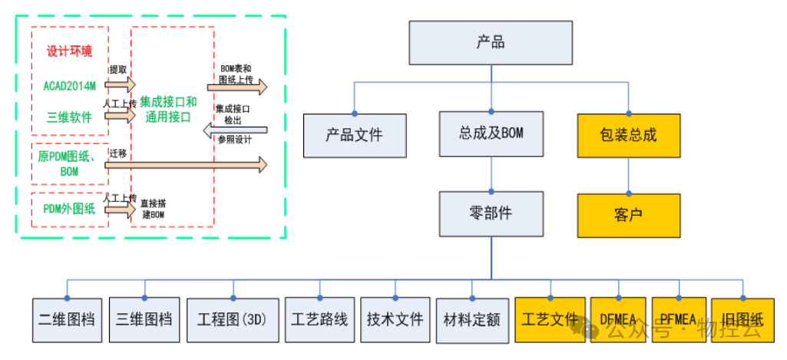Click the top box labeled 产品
click(x=491, y=42)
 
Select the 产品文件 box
click(x=354, y=135)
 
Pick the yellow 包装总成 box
click(x=629, y=135)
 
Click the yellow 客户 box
click(x=629, y=215)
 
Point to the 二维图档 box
click(x=68, y=319)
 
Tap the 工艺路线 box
click(x=319, y=319)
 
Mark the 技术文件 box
click(x=395, y=319)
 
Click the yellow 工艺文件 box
click(x=550, y=319)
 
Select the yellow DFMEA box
click(x=620, y=319)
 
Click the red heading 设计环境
click(x=69, y=51)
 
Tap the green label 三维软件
click(x=69, y=117)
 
